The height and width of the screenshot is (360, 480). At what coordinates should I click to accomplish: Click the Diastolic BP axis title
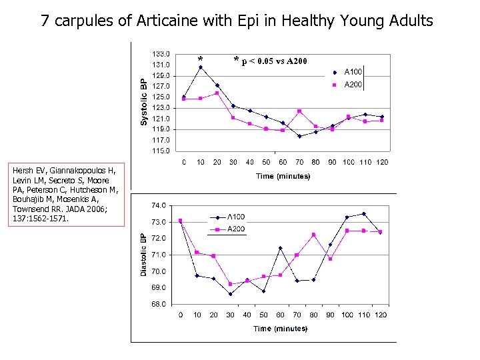[x=143, y=253]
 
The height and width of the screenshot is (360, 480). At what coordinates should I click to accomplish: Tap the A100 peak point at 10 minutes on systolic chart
[x=201, y=67]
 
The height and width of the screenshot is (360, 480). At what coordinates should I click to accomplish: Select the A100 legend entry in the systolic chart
[x=353, y=71]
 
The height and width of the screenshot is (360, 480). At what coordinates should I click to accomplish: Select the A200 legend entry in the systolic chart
[x=353, y=85]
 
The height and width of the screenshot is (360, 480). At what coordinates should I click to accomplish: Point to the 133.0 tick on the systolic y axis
[x=161, y=53]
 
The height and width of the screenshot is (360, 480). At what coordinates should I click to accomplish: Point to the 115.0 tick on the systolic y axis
[x=161, y=151]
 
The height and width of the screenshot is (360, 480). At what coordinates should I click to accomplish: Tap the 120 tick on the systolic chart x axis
[x=382, y=162]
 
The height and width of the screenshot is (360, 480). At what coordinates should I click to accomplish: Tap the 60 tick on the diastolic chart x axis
[x=280, y=315]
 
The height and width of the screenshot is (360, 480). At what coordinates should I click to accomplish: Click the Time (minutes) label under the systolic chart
[x=283, y=176]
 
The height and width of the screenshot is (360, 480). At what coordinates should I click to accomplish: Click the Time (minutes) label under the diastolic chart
[x=280, y=328]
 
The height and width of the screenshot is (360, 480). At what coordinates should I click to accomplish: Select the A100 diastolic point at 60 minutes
[x=280, y=248]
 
